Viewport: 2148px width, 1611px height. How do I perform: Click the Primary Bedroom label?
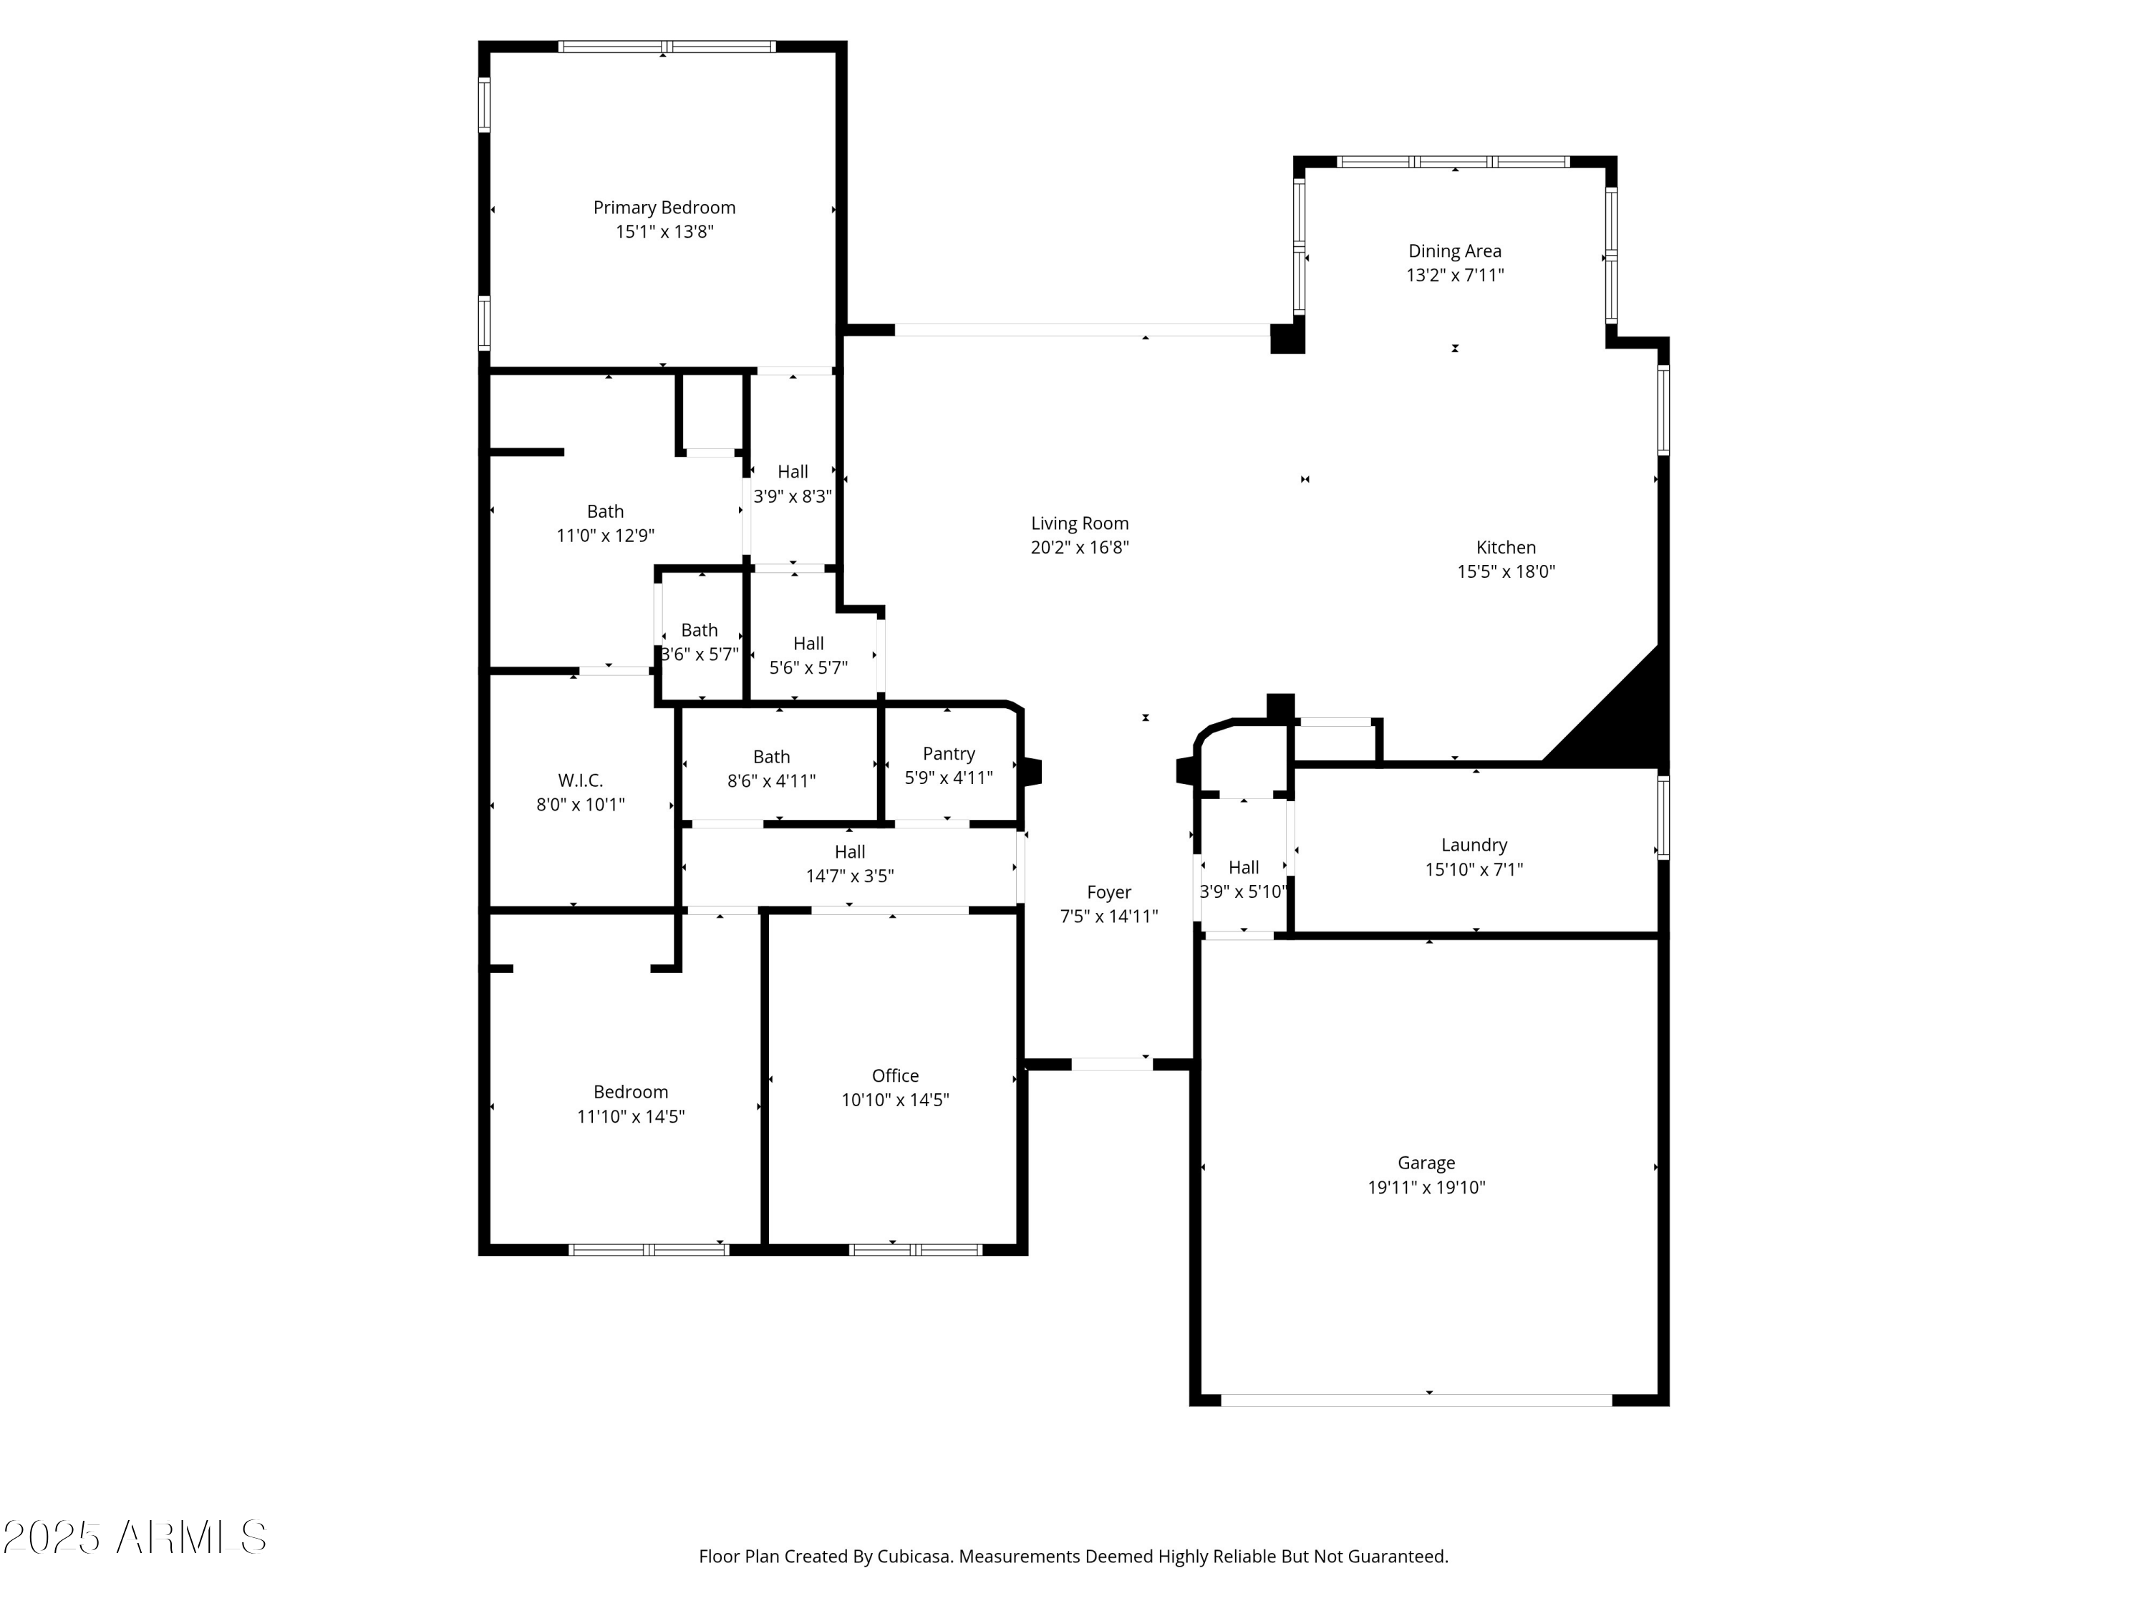click(664, 208)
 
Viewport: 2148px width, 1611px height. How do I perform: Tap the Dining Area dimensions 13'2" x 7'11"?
click(1455, 275)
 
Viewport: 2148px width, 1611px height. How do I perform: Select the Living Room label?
click(1080, 523)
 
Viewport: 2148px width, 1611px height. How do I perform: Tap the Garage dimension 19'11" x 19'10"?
click(1426, 1186)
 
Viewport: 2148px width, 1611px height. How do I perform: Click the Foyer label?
click(1109, 892)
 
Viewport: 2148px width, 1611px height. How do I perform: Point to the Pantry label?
click(949, 753)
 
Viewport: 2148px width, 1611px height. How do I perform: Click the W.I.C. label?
click(580, 780)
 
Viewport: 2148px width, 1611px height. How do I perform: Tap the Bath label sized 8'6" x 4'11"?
click(771, 757)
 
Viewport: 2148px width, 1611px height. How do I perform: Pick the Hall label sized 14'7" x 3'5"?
click(850, 851)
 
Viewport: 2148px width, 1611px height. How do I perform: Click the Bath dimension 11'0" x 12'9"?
click(605, 535)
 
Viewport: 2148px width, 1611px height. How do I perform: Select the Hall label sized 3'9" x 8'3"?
click(793, 472)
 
